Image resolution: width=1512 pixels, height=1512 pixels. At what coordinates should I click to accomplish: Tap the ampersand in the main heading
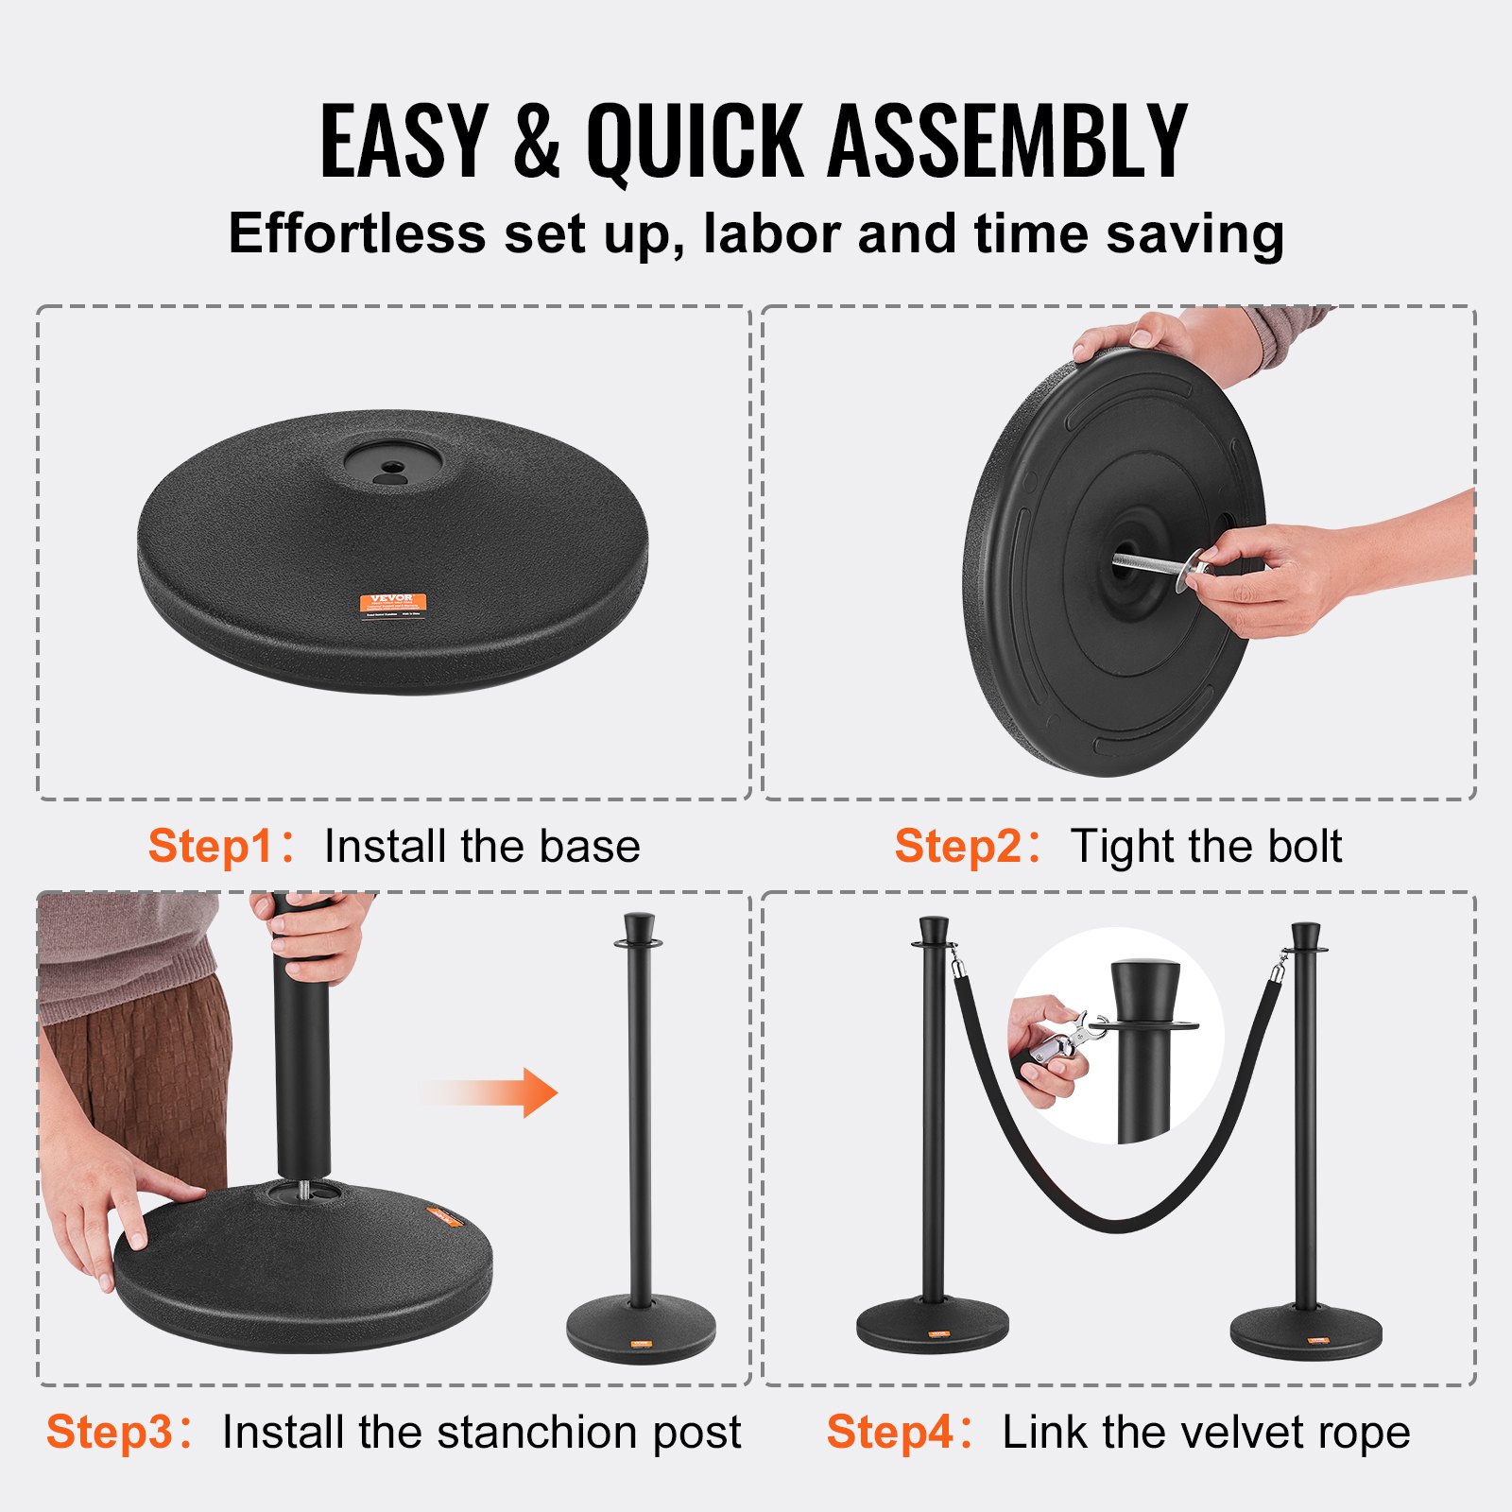[x=537, y=142]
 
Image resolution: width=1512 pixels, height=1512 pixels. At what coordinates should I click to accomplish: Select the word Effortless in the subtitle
[x=356, y=233]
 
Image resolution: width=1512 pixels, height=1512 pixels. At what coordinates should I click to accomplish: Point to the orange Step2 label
[x=957, y=846]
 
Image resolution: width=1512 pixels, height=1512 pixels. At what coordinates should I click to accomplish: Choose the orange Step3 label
[x=110, y=1432]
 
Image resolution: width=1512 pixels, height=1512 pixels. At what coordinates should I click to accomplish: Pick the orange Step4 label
[x=889, y=1432]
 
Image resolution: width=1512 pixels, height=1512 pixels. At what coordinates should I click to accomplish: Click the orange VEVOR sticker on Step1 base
[x=393, y=602]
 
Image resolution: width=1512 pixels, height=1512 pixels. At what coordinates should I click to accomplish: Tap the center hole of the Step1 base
[x=391, y=466]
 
